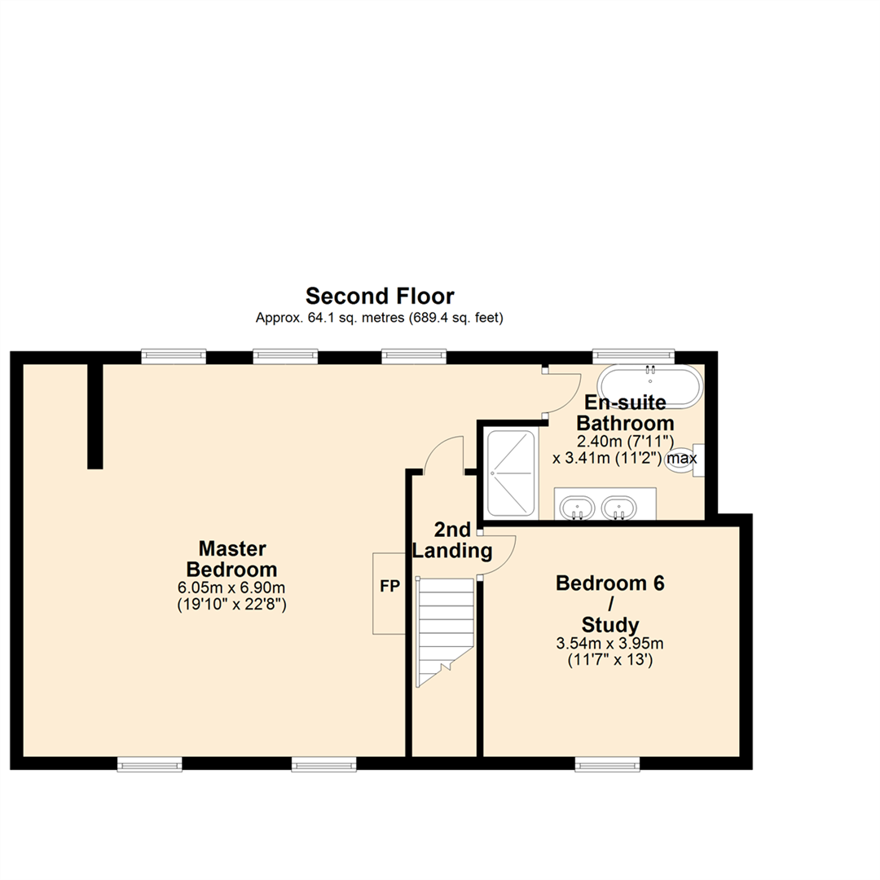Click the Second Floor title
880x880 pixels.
point(380,295)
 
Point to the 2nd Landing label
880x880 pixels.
point(452,541)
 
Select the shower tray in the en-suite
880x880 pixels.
point(511,473)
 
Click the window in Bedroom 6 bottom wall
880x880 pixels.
point(607,763)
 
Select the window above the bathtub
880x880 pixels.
point(633,355)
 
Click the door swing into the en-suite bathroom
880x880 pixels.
point(562,393)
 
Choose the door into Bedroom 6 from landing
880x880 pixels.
point(497,556)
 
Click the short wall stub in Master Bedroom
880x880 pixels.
point(95,416)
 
